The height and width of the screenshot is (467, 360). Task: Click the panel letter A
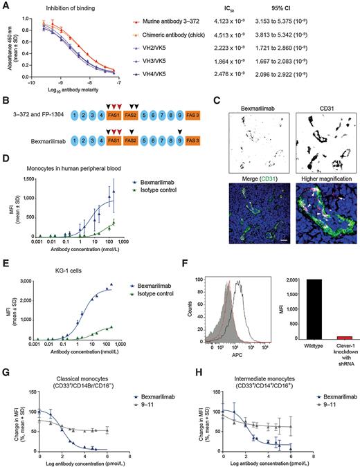[x=5, y=6]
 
